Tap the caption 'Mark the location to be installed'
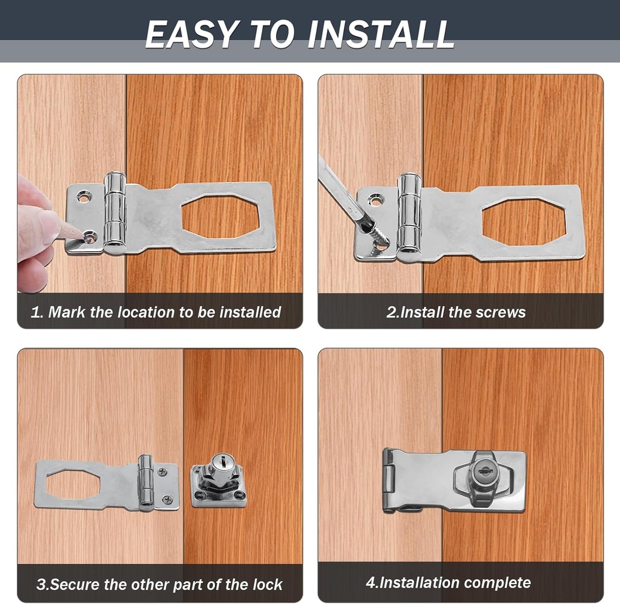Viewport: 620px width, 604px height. (156, 312)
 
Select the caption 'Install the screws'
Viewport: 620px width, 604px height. (456, 312)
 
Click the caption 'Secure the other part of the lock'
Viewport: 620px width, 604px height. (160, 585)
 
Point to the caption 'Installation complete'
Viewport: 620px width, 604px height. (448, 583)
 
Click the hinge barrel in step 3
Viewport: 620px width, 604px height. (145, 482)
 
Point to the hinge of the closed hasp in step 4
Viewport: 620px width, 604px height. (389, 481)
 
